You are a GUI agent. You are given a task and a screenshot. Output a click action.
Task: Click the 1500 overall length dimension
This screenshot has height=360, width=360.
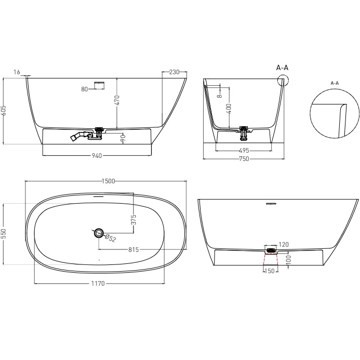[x=108, y=181]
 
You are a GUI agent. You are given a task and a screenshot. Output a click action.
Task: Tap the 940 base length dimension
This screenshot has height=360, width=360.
[x=96, y=155]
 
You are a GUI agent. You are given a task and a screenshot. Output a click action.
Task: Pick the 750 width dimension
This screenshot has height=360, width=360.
[x=243, y=159]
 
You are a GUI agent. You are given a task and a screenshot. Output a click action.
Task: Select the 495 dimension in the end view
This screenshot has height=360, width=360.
[x=243, y=151]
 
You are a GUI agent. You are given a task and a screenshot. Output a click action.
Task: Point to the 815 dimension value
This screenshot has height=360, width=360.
[x=135, y=249]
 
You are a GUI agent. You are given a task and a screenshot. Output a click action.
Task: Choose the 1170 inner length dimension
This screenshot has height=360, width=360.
[x=98, y=284]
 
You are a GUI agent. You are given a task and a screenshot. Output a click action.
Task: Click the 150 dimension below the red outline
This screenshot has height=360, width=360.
[x=270, y=271]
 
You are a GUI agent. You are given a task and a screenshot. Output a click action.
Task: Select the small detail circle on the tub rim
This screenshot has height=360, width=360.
[x=283, y=80]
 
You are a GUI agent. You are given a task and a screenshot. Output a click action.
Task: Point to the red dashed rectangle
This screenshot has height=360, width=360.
[x=270, y=259]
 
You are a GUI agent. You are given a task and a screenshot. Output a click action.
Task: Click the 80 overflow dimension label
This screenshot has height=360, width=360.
[x=85, y=89]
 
